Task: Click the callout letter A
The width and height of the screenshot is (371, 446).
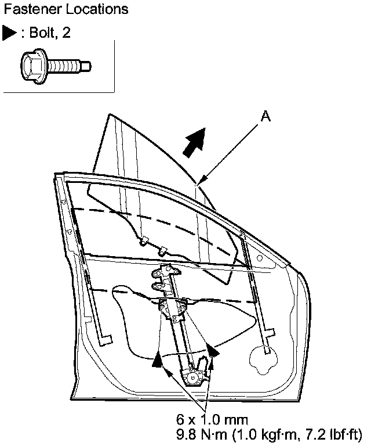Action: tap(265, 117)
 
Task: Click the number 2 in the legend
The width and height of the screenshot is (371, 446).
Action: tap(67, 33)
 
